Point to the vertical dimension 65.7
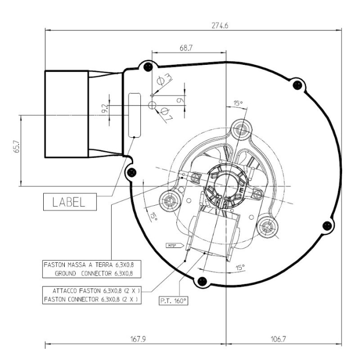click(x=15, y=150)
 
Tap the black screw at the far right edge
click(x=325, y=224)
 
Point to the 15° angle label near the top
click(x=237, y=103)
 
